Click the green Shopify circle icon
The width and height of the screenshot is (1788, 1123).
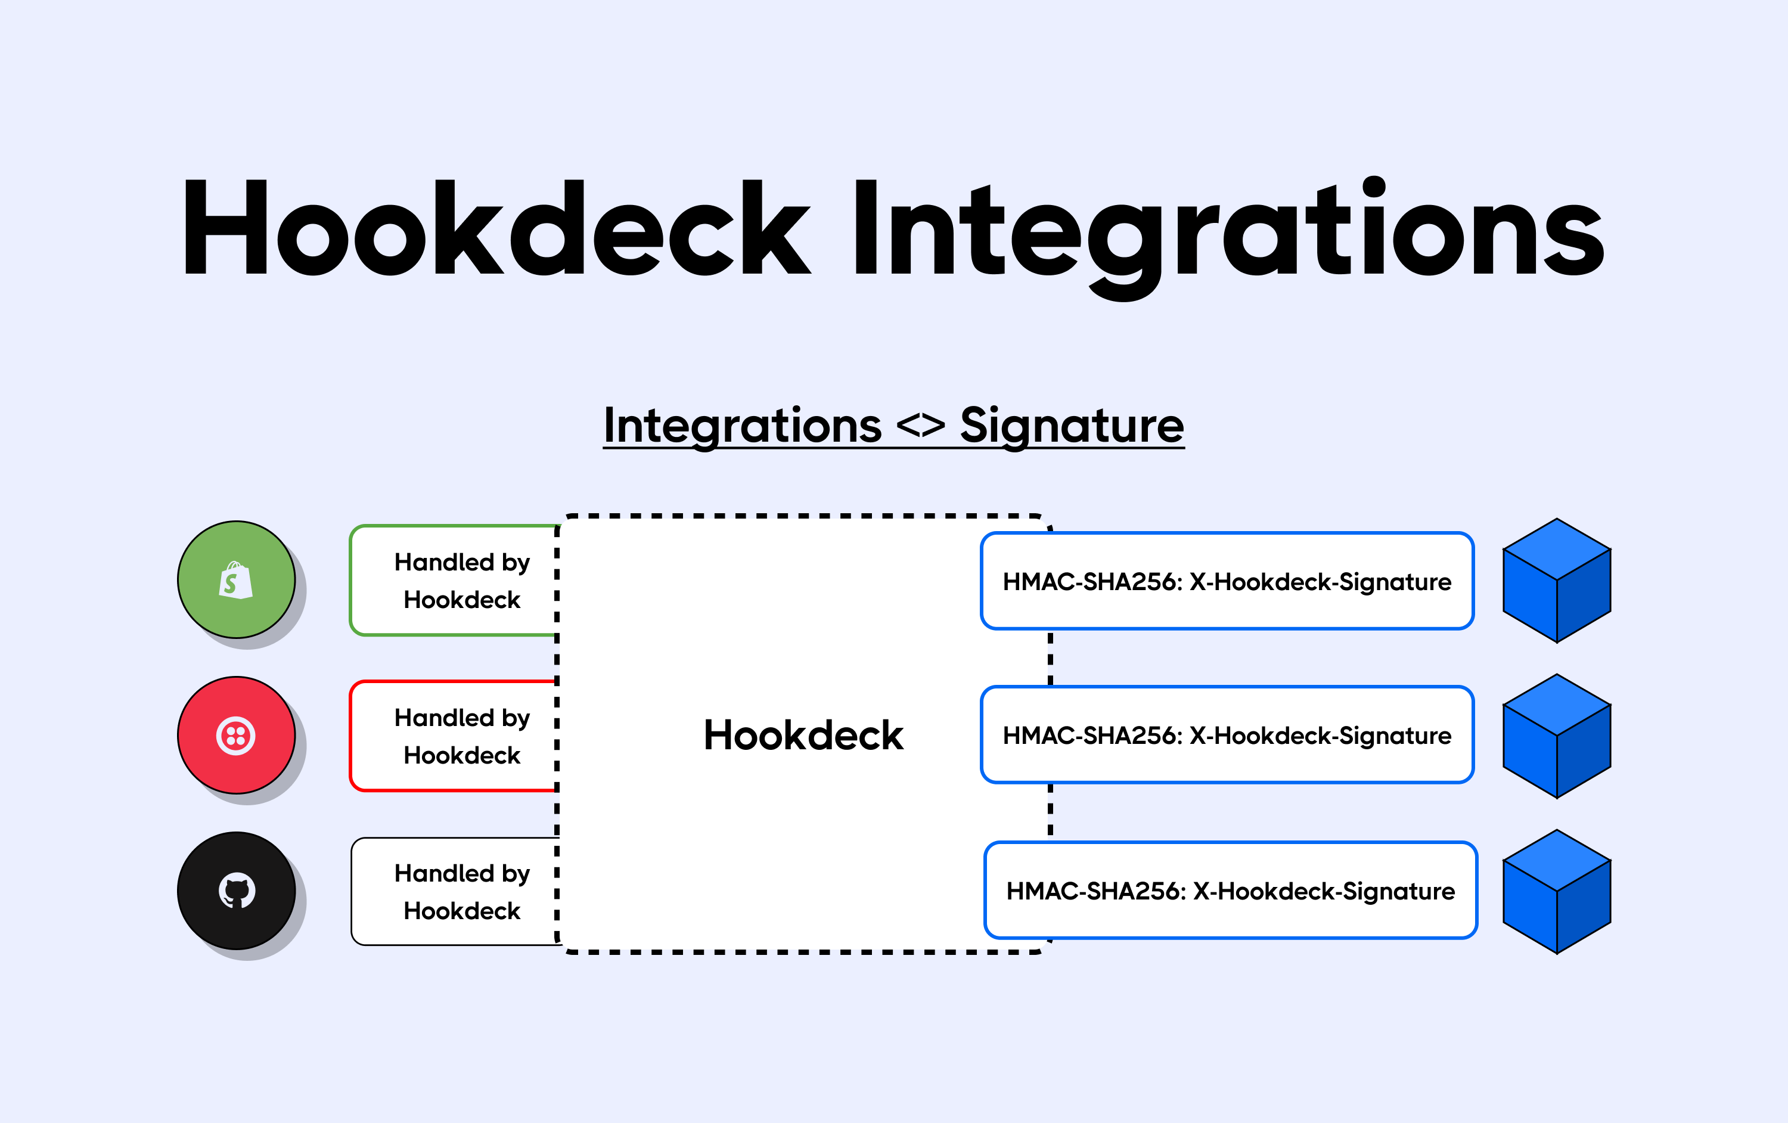(x=236, y=579)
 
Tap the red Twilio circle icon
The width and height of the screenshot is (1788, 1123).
(x=236, y=736)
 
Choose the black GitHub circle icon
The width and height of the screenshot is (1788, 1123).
(x=236, y=891)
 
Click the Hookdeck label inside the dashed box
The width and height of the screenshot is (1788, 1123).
(x=803, y=736)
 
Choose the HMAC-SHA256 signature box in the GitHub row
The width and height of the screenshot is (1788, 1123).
(x=1230, y=891)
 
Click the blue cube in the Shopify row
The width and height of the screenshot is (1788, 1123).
(x=1556, y=581)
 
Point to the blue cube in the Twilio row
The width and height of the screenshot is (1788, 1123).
(x=1556, y=736)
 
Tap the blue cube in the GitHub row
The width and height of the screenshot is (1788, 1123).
(x=1556, y=891)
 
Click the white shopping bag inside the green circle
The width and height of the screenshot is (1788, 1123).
(x=236, y=580)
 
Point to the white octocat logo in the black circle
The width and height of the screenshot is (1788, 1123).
(x=237, y=891)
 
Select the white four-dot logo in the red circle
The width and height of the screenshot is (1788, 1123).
(x=236, y=736)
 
